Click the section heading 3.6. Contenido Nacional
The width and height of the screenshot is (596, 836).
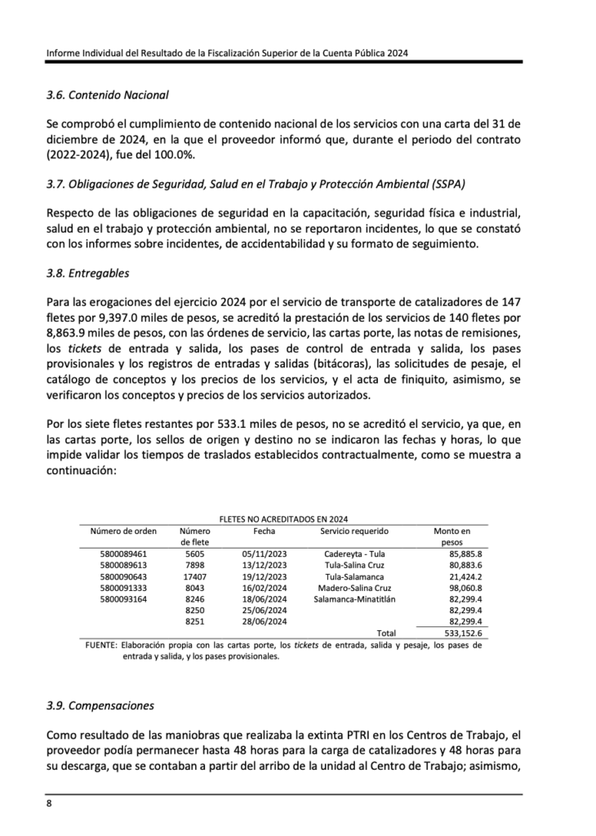(x=107, y=95)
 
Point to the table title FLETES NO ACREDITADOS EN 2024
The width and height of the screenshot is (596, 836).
(x=284, y=518)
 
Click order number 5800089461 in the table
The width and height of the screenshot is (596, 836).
(x=123, y=553)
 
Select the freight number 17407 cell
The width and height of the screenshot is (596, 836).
(x=194, y=576)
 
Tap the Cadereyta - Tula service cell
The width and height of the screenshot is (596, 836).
(x=354, y=553)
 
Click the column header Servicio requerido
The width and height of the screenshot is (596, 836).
(x=354, y=530)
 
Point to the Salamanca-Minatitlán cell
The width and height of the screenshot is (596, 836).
(x=354, y=599)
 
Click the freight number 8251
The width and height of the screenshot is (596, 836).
(x=194, y=622)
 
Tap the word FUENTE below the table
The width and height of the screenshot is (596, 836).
(x=100, y=645)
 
